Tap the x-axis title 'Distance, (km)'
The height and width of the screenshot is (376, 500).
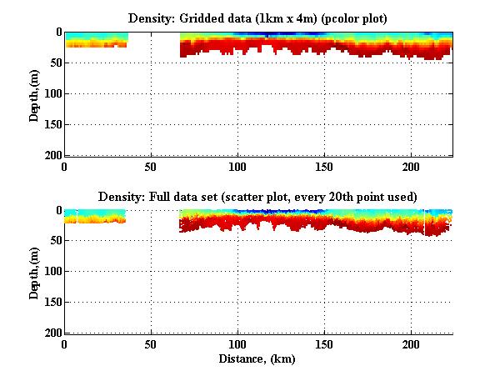pos(258,358)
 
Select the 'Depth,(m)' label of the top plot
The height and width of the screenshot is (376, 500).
pos(33,93)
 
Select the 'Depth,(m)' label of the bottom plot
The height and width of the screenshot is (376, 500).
pos(33,272)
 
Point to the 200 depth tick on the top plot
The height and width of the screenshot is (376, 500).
pos(52,155)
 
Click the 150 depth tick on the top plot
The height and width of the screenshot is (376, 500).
pos(52,124)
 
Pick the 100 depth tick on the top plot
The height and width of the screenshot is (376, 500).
pos(52,93)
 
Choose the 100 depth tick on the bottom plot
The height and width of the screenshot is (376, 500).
pos(52,272)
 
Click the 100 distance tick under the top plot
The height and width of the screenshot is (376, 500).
pos(237,166)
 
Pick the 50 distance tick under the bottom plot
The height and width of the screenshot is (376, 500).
pos(151,344)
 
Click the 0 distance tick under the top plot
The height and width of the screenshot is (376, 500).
pos(64,166)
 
